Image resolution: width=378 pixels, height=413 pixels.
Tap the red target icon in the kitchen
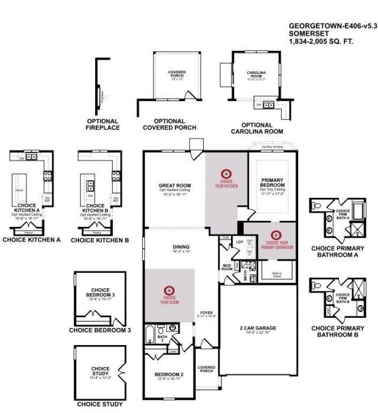(224, 174)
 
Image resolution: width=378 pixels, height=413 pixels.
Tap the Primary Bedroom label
(272, 182)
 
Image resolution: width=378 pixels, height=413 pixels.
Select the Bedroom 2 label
(169, 375)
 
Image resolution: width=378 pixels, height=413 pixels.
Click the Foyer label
(206, 313)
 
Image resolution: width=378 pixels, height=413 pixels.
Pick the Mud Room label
(226, 266)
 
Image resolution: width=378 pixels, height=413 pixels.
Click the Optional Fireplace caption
(103, 124)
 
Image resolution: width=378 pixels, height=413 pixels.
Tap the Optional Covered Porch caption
(170, 123)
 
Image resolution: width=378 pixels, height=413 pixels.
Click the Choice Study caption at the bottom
(100, 405)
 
